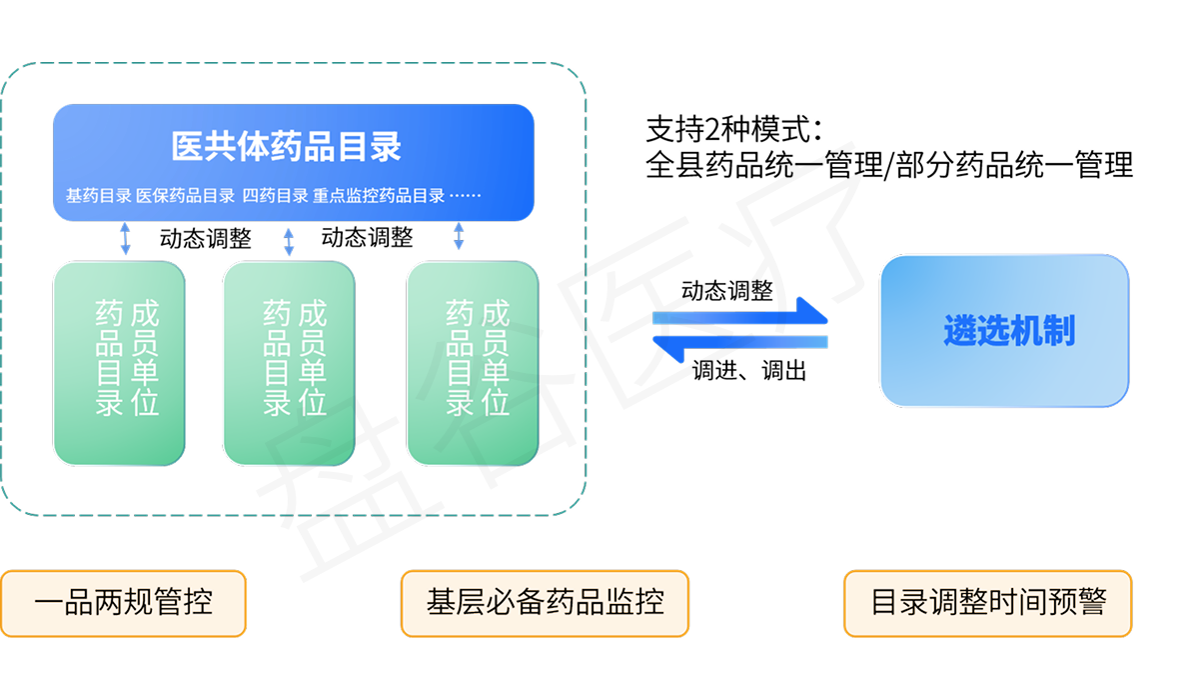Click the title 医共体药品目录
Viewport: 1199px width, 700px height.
click(x=287, y=147)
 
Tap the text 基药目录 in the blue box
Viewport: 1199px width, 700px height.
click(x=98, y=196)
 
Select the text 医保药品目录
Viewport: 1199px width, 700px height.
click(x=185, y=196)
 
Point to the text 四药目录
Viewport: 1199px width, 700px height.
click(x=275, y=196)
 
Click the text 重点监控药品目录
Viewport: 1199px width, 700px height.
click(x=379, y=196)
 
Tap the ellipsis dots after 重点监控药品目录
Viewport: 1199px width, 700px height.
click(x=466, y=196)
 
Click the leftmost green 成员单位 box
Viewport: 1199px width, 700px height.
click(x=119, y=363)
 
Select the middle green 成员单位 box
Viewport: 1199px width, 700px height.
click(x=288, y=363)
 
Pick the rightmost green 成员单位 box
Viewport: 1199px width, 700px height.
click(x=472, y=363)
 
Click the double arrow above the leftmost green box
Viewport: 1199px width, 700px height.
click(x=125, y=239)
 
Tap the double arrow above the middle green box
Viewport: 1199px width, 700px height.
click(x=289, y=241)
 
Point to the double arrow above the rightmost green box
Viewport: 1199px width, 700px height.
click(x=459, y=236)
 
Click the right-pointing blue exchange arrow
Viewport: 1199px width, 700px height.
click(x=741, y=315)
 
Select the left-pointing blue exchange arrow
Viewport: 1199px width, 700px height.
click(x=739, y=344)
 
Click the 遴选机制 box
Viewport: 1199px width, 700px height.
click(x=1003, y=331)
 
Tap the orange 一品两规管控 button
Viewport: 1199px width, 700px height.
click(x=123, y=603)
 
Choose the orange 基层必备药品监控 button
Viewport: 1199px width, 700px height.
click(x=545, y=603)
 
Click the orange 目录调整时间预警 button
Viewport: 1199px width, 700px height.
click(x=987, y=603)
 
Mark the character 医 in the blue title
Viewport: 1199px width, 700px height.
click(x=187, y=147)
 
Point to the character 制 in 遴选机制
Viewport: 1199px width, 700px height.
click(x=1058, y=331)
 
